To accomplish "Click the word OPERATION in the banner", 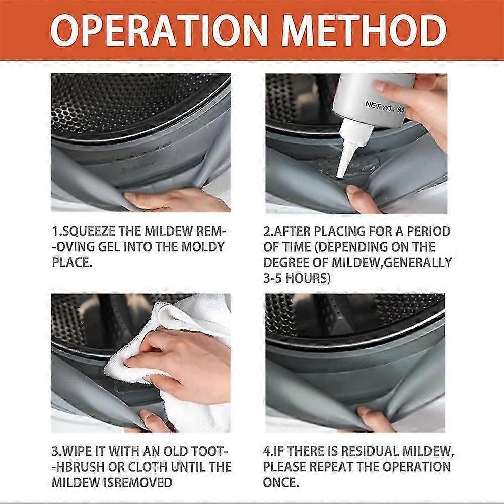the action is tap(159, 31).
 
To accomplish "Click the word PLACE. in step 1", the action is tap(72, 262).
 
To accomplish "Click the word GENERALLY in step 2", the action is tap(418, 262).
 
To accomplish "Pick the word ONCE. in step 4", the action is tap(281, 482).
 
